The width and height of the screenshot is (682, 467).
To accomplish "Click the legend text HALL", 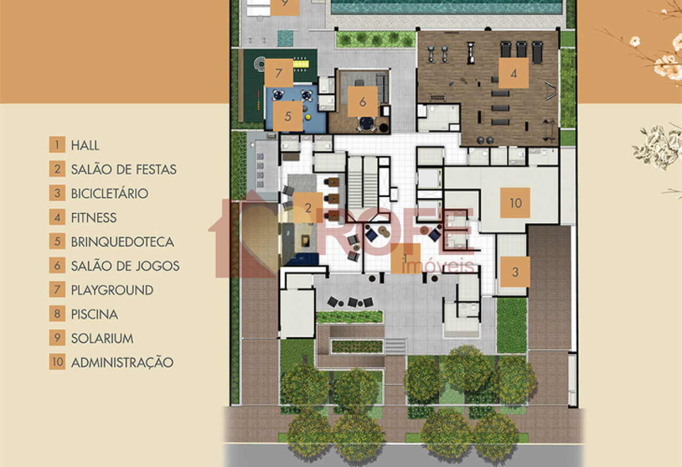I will (x=85, y=145).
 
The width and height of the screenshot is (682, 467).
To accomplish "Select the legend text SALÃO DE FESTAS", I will (x=124, y=169).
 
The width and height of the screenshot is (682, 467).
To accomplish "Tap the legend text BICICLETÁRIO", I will (x=109, y=193).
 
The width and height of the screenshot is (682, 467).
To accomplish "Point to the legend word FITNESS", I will (x=94, y=217).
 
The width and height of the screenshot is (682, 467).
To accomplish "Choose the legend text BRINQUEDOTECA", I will (x=123, y=242).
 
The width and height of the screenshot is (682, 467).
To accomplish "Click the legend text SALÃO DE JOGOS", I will (x=125, y=266).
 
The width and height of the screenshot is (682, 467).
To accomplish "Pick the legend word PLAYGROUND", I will (x=112, y=290).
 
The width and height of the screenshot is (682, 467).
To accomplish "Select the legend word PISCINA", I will (x=94, y=314).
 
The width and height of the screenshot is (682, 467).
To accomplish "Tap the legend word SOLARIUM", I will (x=102, y=338).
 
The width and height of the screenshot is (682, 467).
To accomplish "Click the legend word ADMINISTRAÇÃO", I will (x=122, y=363).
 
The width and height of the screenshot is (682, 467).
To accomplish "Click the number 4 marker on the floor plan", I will (x=514, y=73).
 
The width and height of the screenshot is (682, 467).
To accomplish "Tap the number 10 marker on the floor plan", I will (x=515, y=202).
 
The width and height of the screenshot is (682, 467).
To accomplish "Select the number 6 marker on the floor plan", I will (x=363, y=101).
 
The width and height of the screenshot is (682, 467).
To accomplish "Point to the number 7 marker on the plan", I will (x=279, y=73).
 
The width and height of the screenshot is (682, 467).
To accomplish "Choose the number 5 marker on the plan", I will (x=288, y=116).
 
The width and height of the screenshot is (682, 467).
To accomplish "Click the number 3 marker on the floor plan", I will (x=515, y=272).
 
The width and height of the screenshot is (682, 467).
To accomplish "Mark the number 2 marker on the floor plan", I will (x=308, y=208).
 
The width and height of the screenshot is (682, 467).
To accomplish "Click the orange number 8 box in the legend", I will (x=57, y=314).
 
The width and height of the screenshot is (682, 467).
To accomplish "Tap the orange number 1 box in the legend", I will (x=57, y=145).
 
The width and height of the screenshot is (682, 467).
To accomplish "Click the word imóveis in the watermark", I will (x=438, y=266).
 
